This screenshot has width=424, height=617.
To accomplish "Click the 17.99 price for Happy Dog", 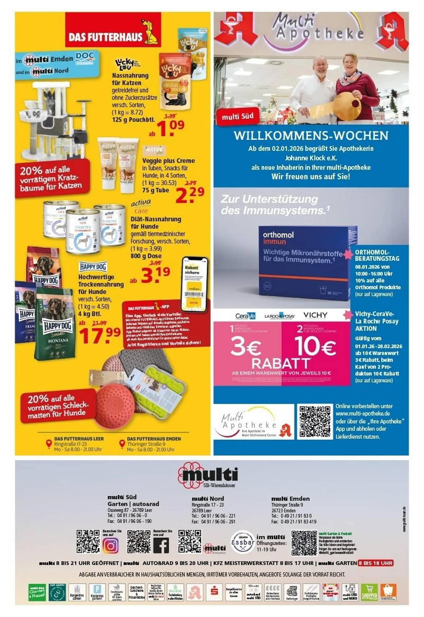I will click(x=100, y=335).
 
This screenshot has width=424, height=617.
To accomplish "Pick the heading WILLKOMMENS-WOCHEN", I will click(x=311, y=136).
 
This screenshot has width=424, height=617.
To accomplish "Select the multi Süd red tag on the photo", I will click(x=237, y=117).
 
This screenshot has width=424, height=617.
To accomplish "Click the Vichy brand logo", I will click(x=315, y=315).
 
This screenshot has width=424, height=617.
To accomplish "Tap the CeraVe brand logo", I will click(x=245, y=316).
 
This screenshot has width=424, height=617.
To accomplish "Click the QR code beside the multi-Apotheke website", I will click(x=315, y=421).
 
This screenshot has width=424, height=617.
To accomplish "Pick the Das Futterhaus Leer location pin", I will click(x=48, y=444).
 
